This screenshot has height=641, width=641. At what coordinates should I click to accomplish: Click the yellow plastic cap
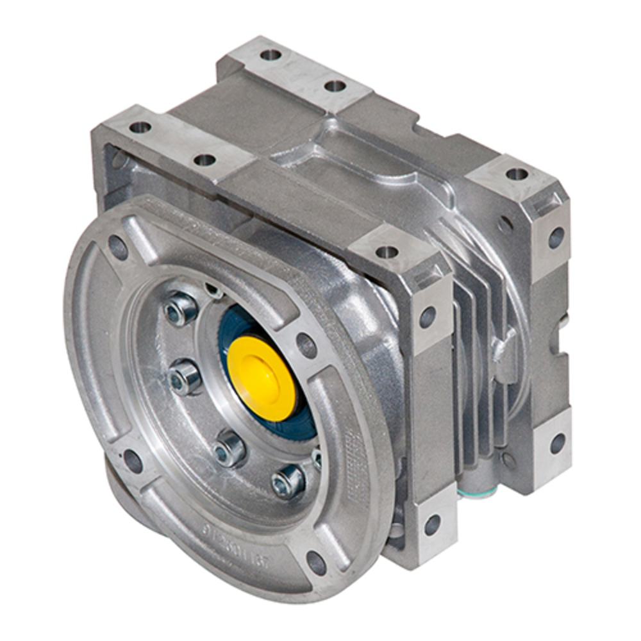pyautogui.click(x=261, y=378)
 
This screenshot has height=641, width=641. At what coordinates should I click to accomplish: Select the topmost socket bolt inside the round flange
pyautogui.click(x=181, y=309)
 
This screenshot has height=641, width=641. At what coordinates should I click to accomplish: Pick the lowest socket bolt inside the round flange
pyautogui.click(x=288, y=481)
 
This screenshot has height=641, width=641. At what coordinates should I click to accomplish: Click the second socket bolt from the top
pyautogui.click(x=185, y=378)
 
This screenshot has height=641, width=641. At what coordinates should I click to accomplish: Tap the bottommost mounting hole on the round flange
pyautogui.click(x=316, y=562)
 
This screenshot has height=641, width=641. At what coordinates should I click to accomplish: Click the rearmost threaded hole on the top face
pyautogui.click(x=271, y=55)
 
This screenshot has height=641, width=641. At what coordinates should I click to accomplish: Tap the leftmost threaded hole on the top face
pyautogui.click(x=140, y=127)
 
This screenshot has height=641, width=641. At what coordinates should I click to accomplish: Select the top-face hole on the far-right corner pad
pyautogui.click(x=517, y=174)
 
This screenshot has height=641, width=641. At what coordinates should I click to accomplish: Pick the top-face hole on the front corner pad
pyautogui.click(x=387, y=252)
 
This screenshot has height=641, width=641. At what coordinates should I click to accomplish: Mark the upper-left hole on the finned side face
pyautogui.click(x=428, y=317)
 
